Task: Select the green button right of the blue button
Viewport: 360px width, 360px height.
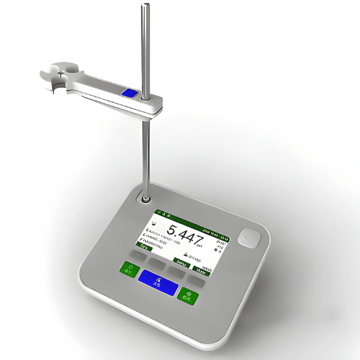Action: pyautogui.click(x=189, y=294)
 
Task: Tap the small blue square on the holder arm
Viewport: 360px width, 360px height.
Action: pyautogui.click(x=130, y=93)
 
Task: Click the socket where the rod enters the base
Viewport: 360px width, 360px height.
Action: pyautogui.click(x=146, y=198)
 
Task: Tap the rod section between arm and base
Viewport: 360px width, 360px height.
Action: pyautogui.click(x=146, y=151)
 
